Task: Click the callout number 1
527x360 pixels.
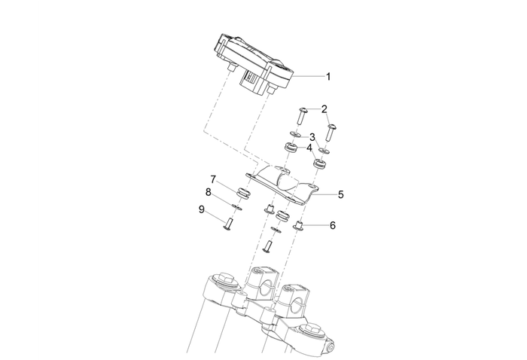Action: coord(327,76)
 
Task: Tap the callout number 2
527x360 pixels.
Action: coord(324,109)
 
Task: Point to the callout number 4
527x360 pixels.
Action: coord(309,148)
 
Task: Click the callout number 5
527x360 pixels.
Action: coord(341,194)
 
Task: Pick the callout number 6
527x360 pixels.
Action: coord(332,224)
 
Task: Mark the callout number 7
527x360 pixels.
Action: coord(213,179)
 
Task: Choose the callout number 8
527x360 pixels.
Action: coord(209,193)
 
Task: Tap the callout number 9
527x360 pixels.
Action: coord(202,210)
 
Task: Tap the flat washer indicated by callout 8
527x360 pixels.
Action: coord(238,206)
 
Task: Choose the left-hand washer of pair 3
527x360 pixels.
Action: coord(295,135)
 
